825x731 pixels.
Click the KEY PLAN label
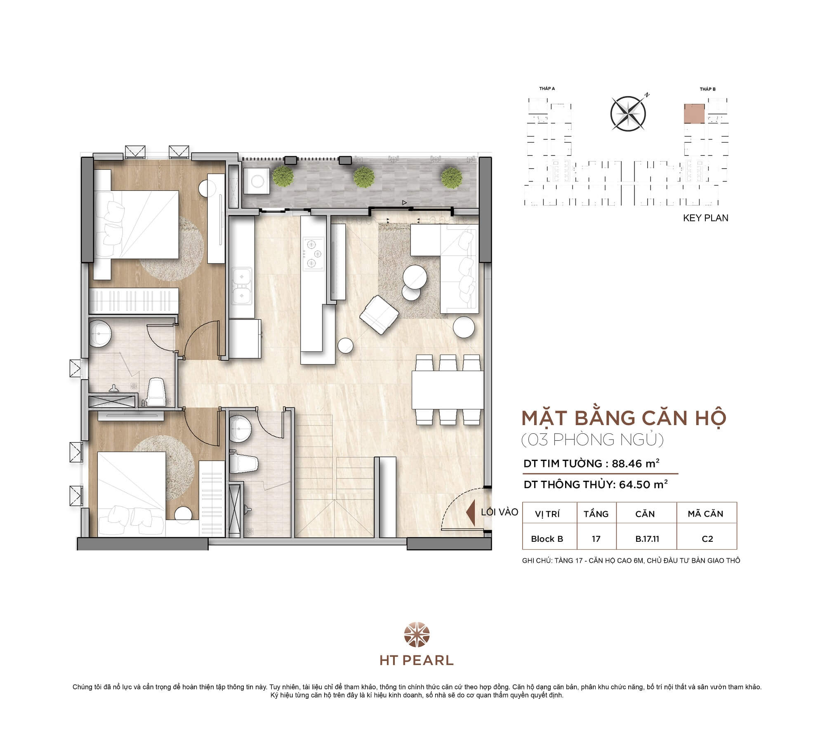tap(705, 218)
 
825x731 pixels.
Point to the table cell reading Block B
tap(547, 538)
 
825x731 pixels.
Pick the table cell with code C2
tap(707, 538)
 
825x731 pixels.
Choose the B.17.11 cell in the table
tap(647, 538)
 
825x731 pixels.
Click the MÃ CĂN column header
tap(705, 514)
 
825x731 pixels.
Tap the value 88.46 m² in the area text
tap(635, 463)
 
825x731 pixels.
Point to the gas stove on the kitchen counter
tap(313, 253)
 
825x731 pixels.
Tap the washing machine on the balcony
tap(257, 181)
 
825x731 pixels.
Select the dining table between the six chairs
tap(448, 390)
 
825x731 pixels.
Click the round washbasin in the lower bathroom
tap(240, 429)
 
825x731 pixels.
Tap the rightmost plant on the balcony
tap(451, 177)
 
